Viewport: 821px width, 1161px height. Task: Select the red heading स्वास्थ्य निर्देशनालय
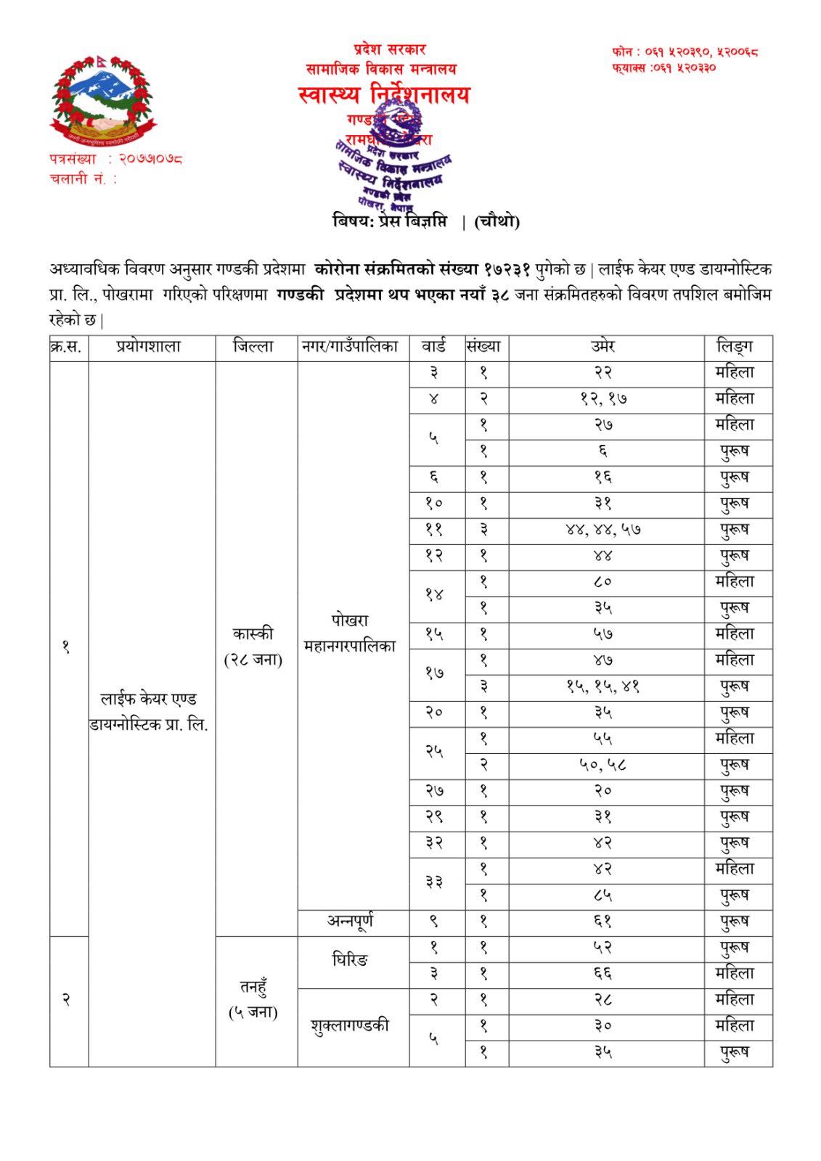tap(384, 95)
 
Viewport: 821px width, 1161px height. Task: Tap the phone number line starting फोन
tap(685, 52)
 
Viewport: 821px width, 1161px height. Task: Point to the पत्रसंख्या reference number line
tap(115, 157)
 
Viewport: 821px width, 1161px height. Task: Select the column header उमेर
tap(605, 347)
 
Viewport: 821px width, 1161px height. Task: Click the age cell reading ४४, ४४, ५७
tap(605, 530)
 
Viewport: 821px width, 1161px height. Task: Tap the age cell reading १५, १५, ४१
tap(605, 686)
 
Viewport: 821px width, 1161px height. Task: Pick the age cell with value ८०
tap(605, 582)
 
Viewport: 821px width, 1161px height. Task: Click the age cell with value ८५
tap(605, 895)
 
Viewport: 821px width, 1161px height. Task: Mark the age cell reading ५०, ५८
tap(605, 765)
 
